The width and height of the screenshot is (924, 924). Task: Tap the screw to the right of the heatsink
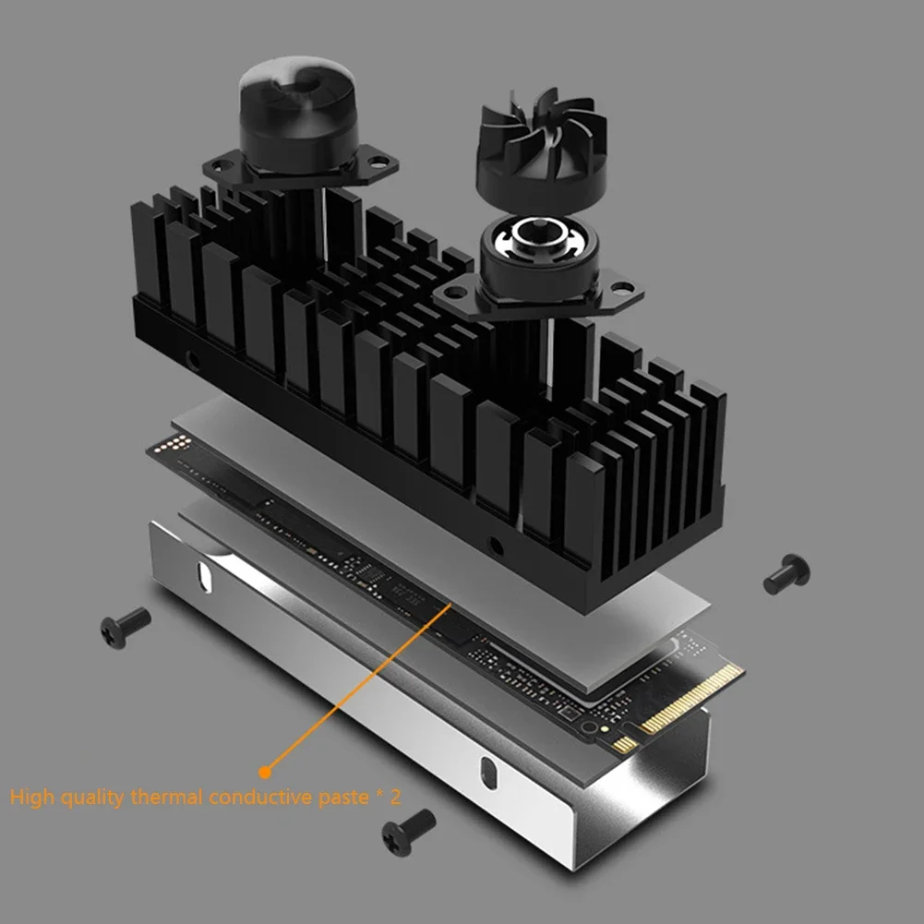tap(786, 573)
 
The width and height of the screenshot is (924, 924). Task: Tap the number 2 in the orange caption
tap(396, 797)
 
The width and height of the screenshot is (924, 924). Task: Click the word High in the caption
tap(30, 797)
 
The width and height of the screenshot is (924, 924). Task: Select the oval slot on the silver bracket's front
tap(486, 770)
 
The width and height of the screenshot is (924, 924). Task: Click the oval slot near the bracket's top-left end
tap(201, 576)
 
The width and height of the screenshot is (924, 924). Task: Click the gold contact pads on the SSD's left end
tap(172, 444)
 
